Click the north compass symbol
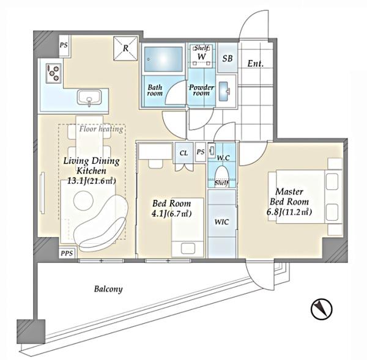coord(322,309)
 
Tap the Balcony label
coord(108,289)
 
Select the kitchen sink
coord(89,98)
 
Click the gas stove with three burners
coord(54,73)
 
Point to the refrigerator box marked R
coord(125,48)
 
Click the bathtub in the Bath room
coord(163,59)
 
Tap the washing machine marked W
coord(201,56)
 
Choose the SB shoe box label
coord(228,58)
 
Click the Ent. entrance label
coord(255,64)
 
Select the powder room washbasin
coord(224,91)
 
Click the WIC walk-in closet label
coord(221,222)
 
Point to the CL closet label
coord(183,153)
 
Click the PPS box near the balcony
coord(67,253)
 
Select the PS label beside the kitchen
coord(64,45)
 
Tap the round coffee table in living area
coord(83,200)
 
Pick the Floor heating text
coord(101,129)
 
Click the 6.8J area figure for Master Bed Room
coord(274,212)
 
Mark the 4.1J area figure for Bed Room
coord(159,213)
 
